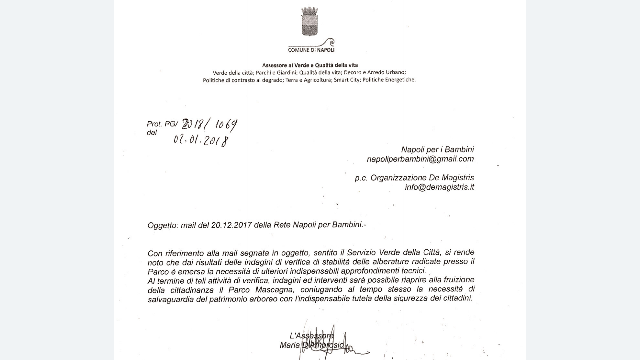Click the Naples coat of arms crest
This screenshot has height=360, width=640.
coord(309,22)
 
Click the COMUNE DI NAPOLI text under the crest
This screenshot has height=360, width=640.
coord(311,50)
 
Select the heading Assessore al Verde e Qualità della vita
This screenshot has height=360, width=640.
coord(310,65)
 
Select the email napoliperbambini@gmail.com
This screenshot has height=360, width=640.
coord(420,159)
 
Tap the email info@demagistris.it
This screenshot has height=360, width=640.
coord(439,187)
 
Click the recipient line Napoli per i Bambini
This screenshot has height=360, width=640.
coord(437,150)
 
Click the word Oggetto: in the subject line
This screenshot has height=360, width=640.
coord(163,226)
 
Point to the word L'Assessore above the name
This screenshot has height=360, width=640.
coord(311,336)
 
